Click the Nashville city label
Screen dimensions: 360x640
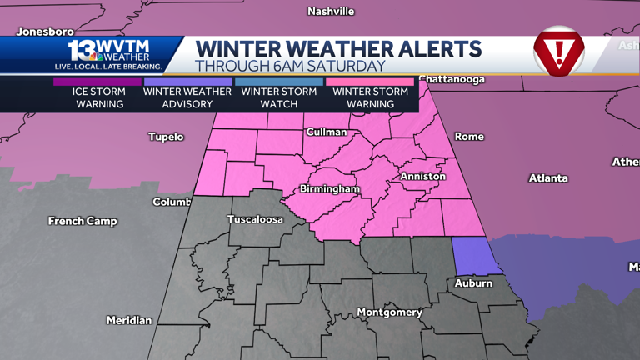(x=331, y=12)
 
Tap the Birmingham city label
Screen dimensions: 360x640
(x=330, y=189)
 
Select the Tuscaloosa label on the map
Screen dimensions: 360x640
(x=255, y=220)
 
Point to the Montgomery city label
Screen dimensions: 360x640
(x=389, y=312)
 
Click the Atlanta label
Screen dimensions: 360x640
(x=548, y=178)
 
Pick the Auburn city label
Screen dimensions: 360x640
(x=473, y=284)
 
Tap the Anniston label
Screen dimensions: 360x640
(x=422, y=177)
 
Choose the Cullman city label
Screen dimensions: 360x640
(x=326, y=132)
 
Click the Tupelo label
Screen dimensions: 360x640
(x=166, y=137)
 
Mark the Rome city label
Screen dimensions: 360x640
(x=469, y=137)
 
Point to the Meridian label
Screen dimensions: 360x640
(x=129, y=321)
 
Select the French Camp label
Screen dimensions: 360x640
(x=82, y=222)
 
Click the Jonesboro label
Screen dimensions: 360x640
(x=45, y=32)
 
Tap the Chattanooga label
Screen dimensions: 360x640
(x=451, y=80)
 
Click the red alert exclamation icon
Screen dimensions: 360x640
(x=558, y=52)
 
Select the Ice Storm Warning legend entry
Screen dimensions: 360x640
(x=99, y=97)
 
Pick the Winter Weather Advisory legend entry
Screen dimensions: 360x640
(x=187, y=97)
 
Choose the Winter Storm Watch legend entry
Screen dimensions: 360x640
(x=279, y=97)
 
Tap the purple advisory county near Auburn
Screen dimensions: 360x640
(x=472, y=255)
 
